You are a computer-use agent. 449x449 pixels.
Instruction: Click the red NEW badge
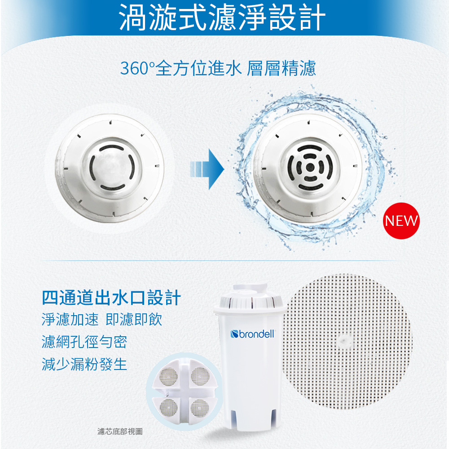[401, 221]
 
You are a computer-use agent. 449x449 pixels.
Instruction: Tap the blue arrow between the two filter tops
[207, 169]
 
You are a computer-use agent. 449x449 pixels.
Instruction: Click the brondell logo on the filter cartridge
[252, 334]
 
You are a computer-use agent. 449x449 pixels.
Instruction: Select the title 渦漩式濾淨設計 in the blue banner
[222, 17]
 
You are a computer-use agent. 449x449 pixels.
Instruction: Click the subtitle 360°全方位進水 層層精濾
[218, 68]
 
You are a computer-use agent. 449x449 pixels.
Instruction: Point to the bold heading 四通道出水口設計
[111, 298]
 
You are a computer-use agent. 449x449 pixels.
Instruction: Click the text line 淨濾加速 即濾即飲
[101, 319]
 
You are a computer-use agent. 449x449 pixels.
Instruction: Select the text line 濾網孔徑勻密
[84, 342]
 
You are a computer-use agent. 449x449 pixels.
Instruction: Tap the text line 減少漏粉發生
[84, 364]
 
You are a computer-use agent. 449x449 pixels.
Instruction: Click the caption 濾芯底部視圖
[120, 431]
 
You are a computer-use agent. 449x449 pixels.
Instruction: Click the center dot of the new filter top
[310, 167]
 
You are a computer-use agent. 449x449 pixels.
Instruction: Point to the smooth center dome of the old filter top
[112, 167]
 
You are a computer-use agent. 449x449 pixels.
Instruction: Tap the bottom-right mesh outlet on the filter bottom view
[199, 408]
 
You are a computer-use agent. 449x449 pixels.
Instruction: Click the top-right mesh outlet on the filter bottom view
[200, 375]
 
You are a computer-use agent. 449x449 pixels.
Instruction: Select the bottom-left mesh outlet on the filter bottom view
[168, 408]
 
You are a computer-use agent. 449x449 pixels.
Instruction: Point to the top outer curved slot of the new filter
[310, 148]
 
